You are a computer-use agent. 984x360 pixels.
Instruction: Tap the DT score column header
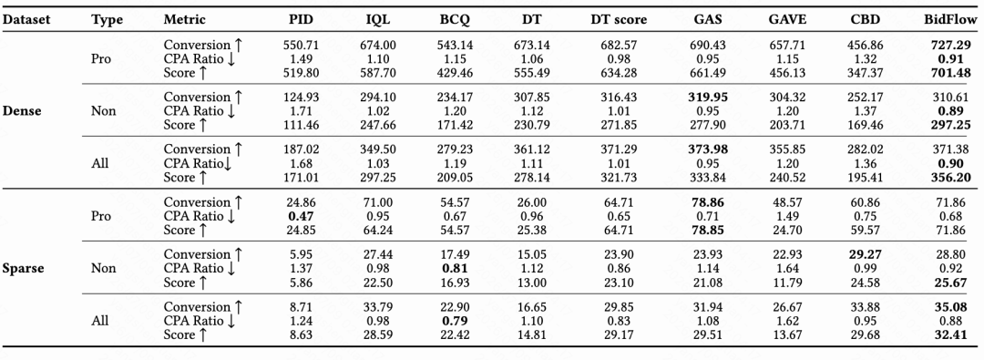tap(618, 19)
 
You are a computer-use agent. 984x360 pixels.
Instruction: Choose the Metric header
tap(185, 19)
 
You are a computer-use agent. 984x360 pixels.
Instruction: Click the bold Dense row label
tap(22, 110)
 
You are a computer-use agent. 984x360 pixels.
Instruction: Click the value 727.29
tap(951, 45)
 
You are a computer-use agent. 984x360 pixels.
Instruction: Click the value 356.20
tap(951, 177)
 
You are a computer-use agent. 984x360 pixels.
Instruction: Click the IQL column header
tap(378, 19)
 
